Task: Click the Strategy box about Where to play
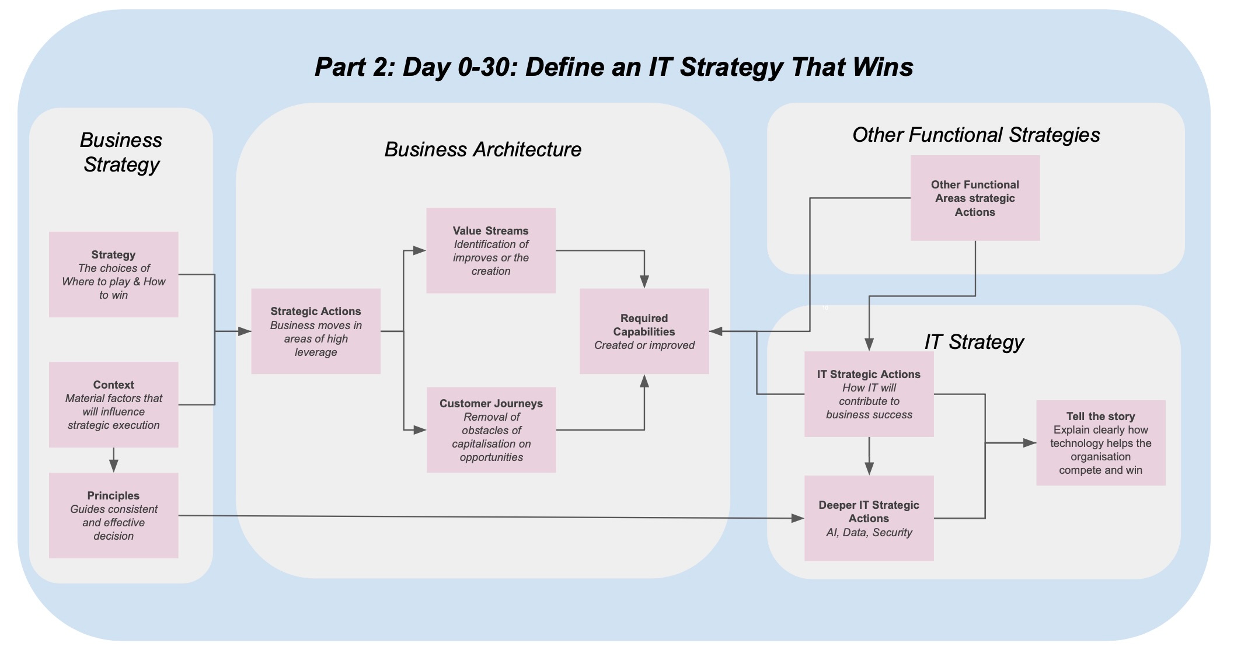click(x=113, y=274)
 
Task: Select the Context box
click(x=113, y=404)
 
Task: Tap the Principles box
click(x=113, y=515)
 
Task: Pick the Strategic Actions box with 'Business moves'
click(x=315, y=331)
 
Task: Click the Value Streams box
click(x=490, y=250)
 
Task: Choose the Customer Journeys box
click(x=491, y=429)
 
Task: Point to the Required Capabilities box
click(x=644, y=331)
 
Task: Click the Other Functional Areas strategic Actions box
click(x=975, y=198)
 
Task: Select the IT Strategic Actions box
click(x=869, y=394)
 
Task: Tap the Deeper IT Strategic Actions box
click(x=869, y=518)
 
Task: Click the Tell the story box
click(x=1100, y=442)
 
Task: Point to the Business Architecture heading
click(x=483, y=149)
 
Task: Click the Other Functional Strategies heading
click(x=976, y=135)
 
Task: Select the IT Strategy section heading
click(x=974, y=342)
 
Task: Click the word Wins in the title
click(x=883, y=67)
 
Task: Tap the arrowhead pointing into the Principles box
click(x=113, y=466)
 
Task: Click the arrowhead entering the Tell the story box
click(x=1030, y=443)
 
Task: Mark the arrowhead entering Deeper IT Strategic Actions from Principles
click(x=797, y=518)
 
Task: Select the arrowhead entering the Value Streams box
click(x=419, y=250)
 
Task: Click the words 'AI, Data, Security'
click(x=869, y=532)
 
